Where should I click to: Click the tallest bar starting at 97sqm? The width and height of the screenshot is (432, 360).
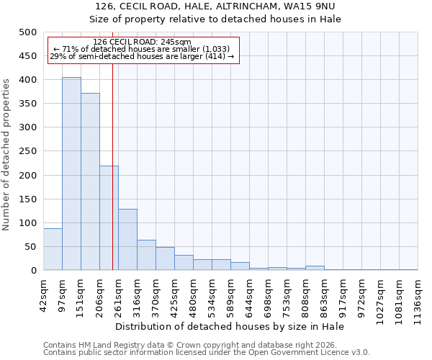71,174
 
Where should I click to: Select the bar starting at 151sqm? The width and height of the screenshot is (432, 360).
90,181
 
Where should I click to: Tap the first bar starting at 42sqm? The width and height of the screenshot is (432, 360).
53,249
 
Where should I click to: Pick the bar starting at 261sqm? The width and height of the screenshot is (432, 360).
127,240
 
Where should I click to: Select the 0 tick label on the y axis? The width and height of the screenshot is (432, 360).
33,271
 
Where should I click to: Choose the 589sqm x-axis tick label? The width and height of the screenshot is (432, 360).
231,294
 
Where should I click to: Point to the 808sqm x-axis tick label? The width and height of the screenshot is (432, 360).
306,294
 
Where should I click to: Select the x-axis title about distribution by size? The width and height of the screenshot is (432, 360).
230,326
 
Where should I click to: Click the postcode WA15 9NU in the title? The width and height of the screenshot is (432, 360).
323,6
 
